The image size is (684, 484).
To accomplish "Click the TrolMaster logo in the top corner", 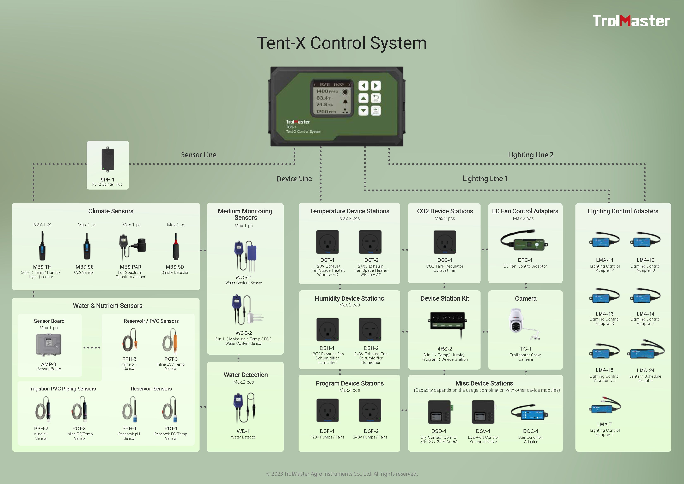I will point(631,21).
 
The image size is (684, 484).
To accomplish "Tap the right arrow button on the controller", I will point(376,86).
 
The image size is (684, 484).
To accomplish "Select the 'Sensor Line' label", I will point(199,155).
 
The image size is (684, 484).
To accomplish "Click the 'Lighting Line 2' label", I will point(531,155).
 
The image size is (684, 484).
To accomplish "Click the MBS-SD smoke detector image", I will point(176,246).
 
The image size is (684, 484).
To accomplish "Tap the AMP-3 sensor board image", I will point(49,345).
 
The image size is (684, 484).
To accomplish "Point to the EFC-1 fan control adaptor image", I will point(524,241).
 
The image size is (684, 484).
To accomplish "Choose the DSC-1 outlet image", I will point(445,242).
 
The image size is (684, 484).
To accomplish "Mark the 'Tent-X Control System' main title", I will point(342,43).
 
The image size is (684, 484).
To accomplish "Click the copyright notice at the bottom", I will point(342,474).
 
